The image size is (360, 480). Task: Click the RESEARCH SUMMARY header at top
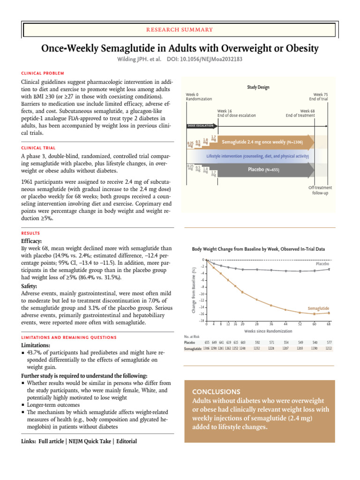click(x=180, y=30)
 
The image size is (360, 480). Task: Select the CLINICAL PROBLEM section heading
click(x=43, y=73)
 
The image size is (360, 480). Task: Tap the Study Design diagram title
click(x=258, y=87)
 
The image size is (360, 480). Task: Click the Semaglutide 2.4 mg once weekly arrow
click(x=262, y=142)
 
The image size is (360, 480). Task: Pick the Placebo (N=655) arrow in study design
click(x=263, y=170)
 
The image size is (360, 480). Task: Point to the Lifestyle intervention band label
click(x=257, y=156)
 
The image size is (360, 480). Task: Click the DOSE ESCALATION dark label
click(x=200, y=126)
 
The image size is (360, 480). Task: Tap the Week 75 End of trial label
click(x=318, y=97)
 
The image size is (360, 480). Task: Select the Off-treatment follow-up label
click(x=320, y=190)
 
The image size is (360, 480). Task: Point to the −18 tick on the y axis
click(x=201, y=321)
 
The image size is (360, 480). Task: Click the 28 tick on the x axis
click(x=256, y=324)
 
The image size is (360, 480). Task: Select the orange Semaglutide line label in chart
click(x=318, y=308)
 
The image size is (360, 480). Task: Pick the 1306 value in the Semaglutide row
click(x=206, y=349)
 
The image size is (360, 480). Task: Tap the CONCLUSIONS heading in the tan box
click(x=216, y=391)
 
